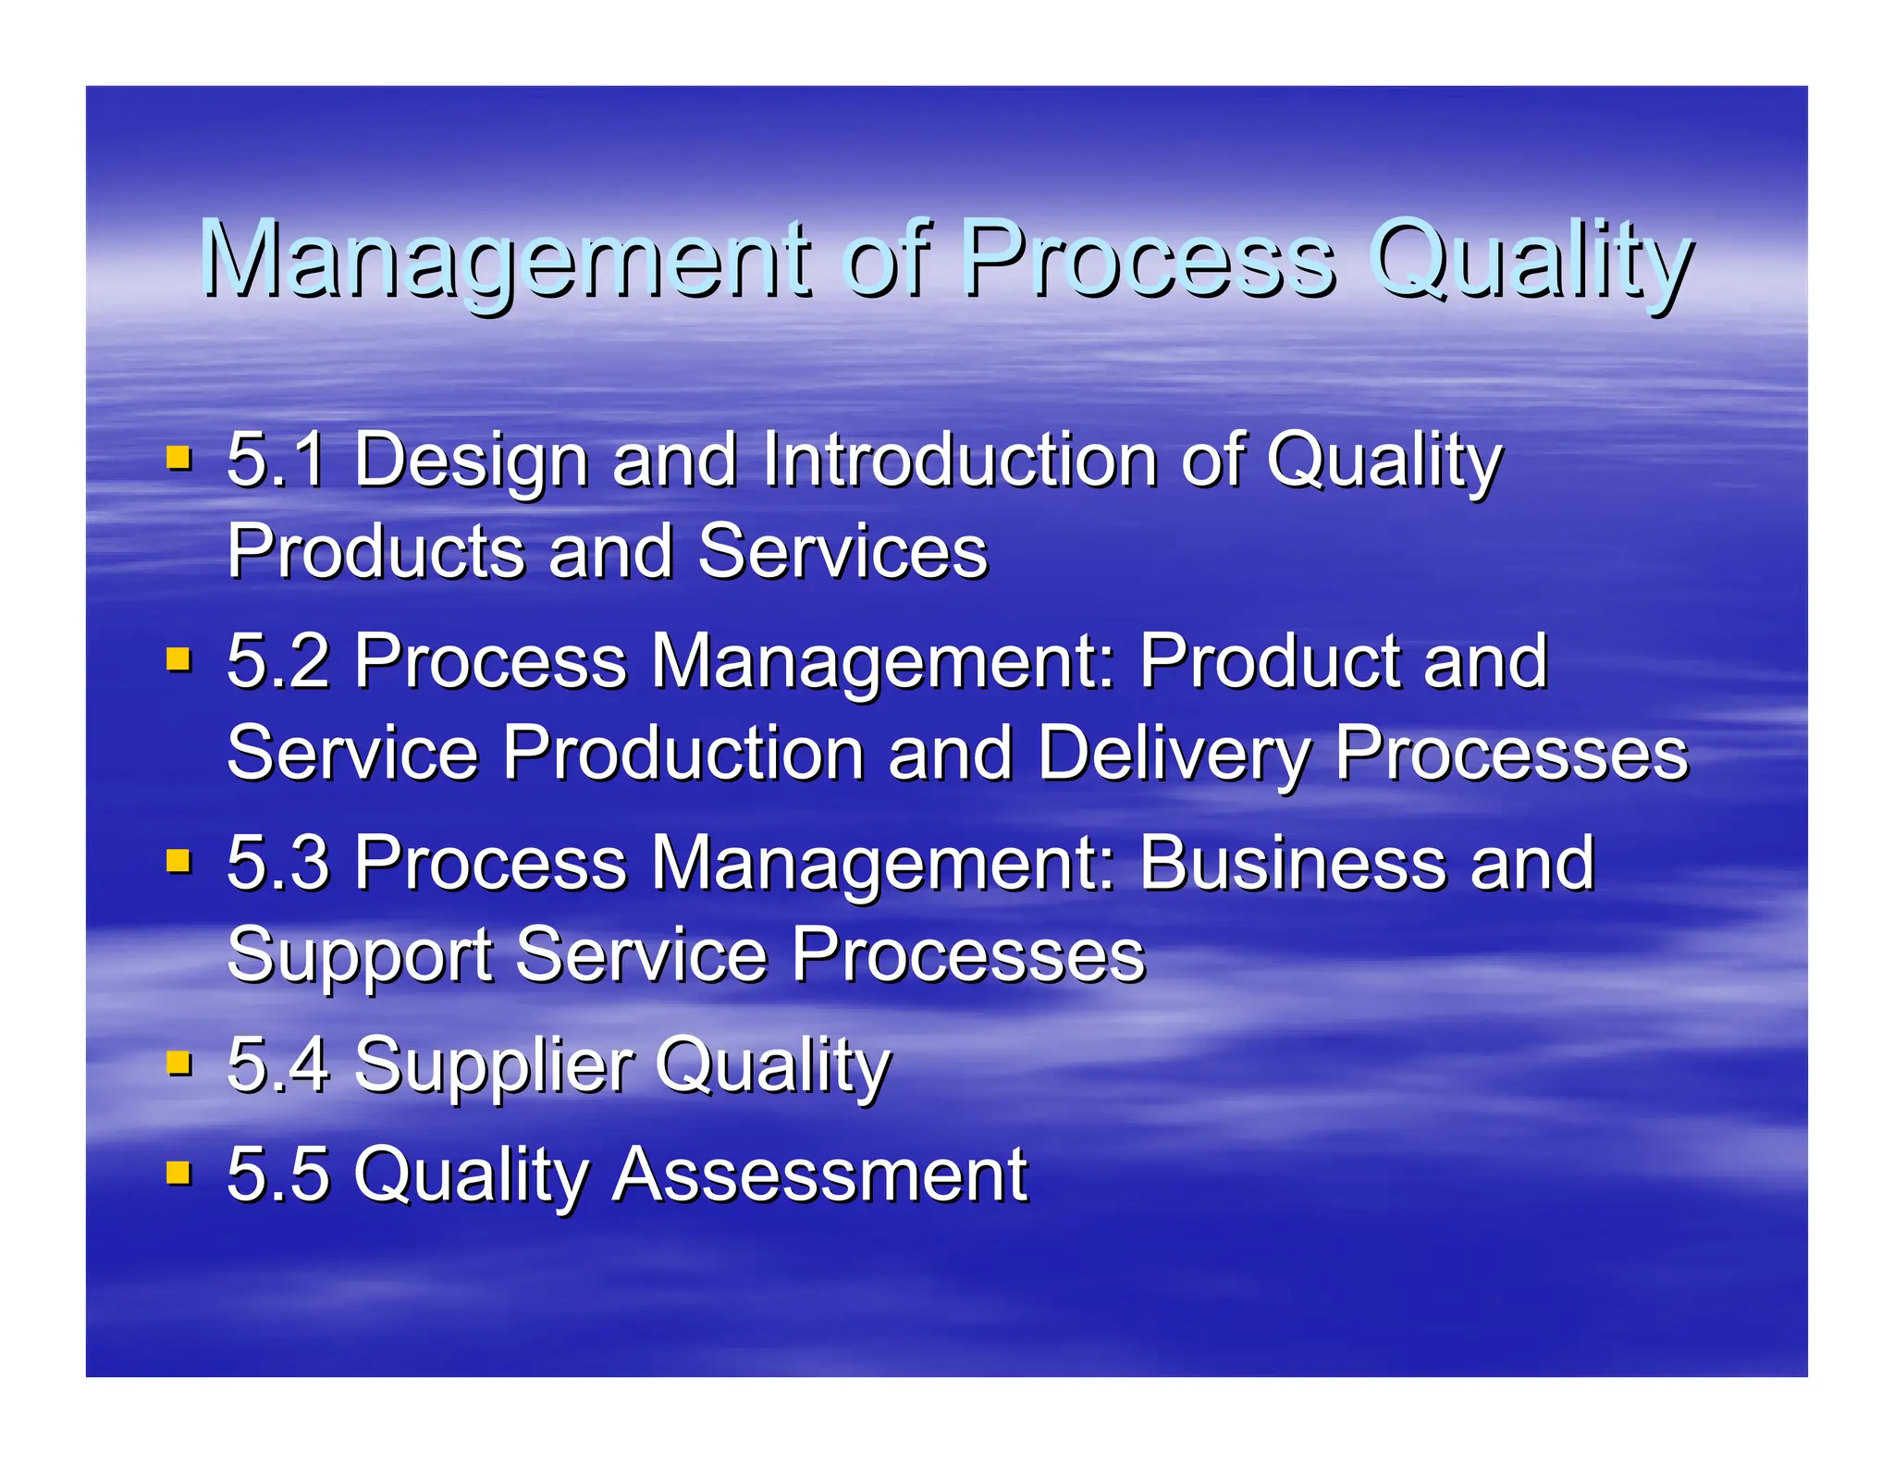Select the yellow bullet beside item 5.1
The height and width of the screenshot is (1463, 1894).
(178, 458)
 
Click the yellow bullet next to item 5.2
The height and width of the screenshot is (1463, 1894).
(178, 659)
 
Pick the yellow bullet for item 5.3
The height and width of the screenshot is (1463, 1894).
(178, 862)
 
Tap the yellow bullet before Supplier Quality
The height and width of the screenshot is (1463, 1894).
(178, 1063)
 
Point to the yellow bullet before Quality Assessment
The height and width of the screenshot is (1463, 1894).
(178, 1173)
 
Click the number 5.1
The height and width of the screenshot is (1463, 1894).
(277, 460)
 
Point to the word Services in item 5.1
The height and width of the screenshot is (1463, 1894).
(842, 551)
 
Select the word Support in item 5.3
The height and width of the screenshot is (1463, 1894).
(360, 956)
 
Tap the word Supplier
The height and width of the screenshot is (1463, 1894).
(494, 1065)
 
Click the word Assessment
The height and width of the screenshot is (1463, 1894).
(820, 1174)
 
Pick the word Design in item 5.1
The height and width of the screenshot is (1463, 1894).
(472, 460)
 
